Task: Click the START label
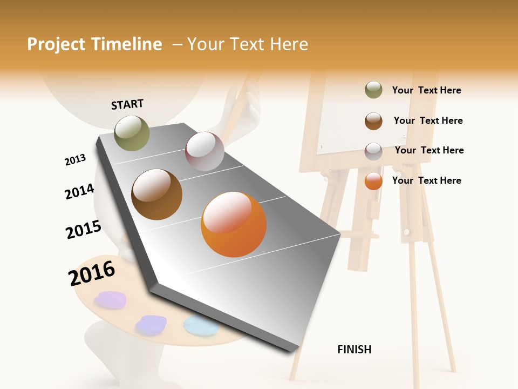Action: (127, 104)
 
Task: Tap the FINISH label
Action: (354, 350)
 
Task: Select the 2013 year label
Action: (75, 160)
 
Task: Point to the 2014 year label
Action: (79, 191)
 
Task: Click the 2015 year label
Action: (84, 230)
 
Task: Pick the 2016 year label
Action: (92, 273)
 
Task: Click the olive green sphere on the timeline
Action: (132, 133)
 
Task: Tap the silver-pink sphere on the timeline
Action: (205, 151)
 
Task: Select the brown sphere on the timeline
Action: (157, 194)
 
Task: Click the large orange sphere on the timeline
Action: (234, 224)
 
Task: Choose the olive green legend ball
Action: (373, 90)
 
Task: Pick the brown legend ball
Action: (373, 121)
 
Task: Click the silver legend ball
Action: (373, 151)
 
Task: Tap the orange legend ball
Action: (373, 181)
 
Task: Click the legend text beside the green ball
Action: (426, 90)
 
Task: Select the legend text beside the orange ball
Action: (426, 180)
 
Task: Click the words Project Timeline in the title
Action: (94, 44)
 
